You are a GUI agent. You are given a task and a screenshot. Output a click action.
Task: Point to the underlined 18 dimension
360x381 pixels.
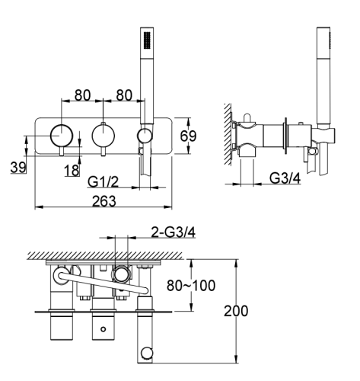(x=72, y=171)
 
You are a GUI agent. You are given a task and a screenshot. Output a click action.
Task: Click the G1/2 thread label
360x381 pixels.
(x=103, y=183)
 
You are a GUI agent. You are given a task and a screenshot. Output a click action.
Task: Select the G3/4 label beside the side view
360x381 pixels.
(x=284, y=178)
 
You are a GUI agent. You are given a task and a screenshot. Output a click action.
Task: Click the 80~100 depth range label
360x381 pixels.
(x=190, y=287)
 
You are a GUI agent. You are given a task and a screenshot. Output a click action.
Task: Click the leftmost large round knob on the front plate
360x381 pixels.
(x=62, y=136)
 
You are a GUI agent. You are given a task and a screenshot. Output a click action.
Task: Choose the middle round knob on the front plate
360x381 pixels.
(x=103, y=136)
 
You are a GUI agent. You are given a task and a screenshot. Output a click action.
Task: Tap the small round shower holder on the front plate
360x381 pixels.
(x=144, y=136)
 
